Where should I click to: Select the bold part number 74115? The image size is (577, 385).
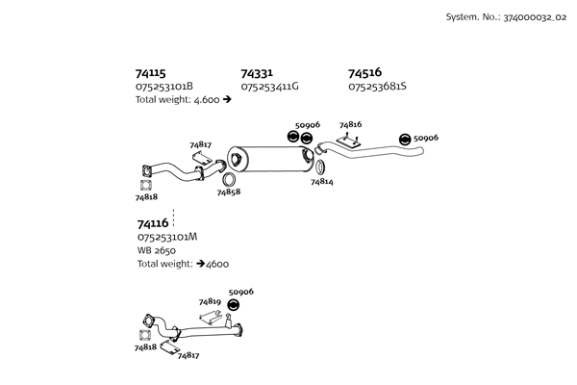[151, 72]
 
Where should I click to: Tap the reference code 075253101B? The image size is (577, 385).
[164, 86]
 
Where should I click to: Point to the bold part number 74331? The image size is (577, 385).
[256, 72]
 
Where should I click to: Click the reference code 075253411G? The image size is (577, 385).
[269, 86]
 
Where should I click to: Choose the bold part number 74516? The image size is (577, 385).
[364, 72]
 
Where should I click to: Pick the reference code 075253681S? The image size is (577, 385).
[377, 86]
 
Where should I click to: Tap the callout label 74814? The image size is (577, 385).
[321, 182]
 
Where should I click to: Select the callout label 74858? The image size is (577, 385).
[228, 192]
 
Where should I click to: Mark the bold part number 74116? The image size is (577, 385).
[152, 222]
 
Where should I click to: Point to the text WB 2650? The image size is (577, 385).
[156, 249]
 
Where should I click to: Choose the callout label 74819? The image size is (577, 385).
[210, 301]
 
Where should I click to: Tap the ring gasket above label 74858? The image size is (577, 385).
[230, 180]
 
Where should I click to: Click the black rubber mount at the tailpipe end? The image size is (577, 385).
[405, 141]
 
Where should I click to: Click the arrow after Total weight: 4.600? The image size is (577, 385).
[227, 99]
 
